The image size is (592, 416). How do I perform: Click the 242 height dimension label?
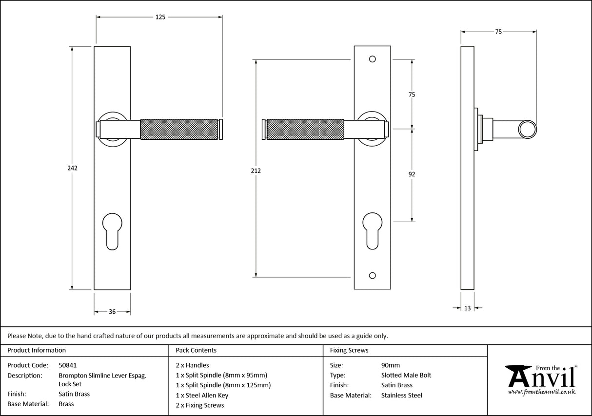coord(72,168)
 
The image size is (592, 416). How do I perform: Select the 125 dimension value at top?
coord(160,17)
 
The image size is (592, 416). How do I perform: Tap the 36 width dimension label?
coord(112,312)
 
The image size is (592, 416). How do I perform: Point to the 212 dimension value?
coord(256,171)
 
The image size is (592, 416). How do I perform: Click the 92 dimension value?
coord(412,174)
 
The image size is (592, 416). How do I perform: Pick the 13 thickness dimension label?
coord(468,308)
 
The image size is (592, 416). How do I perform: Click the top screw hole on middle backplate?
coord(373,59)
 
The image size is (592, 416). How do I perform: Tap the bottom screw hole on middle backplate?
coord(373,276)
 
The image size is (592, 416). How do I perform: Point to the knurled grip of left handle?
coord(178,129)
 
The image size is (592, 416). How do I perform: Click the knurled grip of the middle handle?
coord(305,129)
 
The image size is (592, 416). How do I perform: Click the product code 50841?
coord(67,365)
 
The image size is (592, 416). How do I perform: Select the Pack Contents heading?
coord(196,350)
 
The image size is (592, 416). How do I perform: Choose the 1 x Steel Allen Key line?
coord(202,395)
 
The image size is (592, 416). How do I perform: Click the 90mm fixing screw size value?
coord(390,365)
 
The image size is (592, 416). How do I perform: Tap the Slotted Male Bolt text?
coord(406,375)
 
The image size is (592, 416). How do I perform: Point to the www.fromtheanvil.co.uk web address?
coord(541,392)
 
